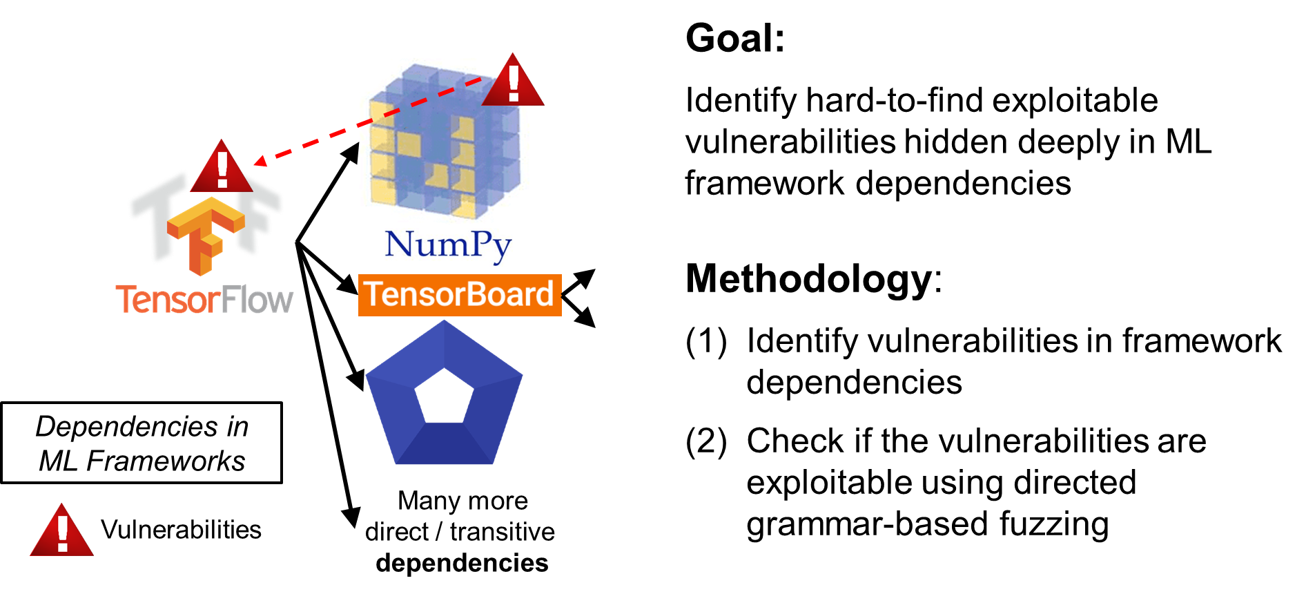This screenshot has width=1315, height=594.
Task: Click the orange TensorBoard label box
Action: tap(460, 295)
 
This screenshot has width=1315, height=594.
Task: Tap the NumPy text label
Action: tap(448, 246)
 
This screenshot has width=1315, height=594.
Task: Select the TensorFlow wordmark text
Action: tap(204, 299)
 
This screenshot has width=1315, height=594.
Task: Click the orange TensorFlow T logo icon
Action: tap(206, 235)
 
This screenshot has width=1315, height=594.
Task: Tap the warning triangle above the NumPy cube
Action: tap(513, 80)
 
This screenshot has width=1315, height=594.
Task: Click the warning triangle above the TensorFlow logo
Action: tap(222, 166)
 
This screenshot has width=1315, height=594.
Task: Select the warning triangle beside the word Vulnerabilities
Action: tap(62, 530)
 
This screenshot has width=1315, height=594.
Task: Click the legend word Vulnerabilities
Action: tap(181, 530)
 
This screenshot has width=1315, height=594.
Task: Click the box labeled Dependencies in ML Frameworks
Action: tap(142, 443)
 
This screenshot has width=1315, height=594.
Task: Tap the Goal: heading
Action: tap(735, 38)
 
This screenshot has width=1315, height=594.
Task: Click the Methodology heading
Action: tap(809, 279)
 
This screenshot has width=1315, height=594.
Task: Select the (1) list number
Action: tap(706, 342)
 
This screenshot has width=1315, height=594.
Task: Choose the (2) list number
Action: tap(706, 442)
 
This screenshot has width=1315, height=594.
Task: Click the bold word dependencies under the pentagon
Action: tap(462, 563)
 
